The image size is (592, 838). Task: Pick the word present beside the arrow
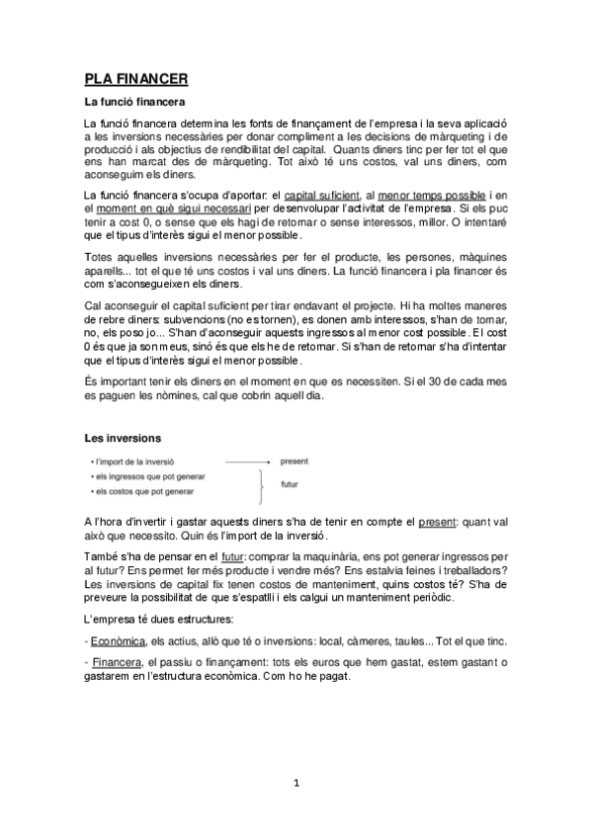tap(294, 461)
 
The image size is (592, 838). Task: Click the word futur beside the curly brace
tap(290, 484)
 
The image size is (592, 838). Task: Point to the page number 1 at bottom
tap(296, 785)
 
